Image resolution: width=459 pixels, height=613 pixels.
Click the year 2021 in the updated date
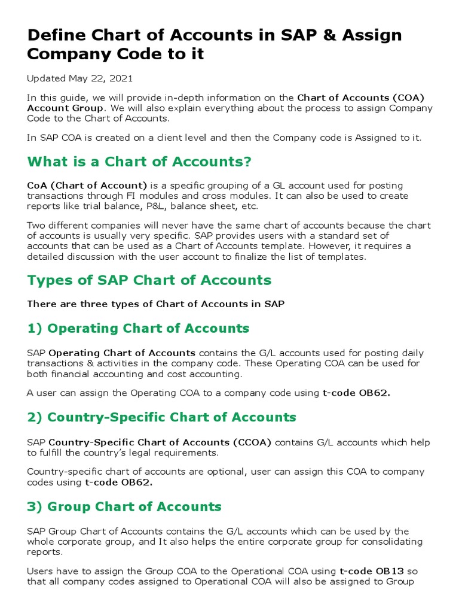click(x=121, y=78)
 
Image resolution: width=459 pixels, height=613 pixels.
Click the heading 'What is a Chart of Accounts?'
click(x=139, y=162)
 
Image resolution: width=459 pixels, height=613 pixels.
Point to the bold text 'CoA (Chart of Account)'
click(x=87, y=186)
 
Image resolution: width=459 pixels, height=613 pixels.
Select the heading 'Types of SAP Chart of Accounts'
click(x=149, y=280)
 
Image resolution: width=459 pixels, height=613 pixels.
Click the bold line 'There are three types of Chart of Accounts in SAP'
click(x=156, y=304)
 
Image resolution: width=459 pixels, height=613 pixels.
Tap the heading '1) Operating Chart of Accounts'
click(x=138, y=328)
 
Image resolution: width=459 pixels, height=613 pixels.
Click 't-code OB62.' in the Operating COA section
click(x=356, y=393)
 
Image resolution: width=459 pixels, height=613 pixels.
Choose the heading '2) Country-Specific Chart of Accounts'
click(x=161, y=417)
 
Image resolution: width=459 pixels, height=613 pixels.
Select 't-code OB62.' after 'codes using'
click(x=118, y=481)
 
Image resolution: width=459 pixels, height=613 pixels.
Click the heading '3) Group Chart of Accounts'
click(x=124, y=506)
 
